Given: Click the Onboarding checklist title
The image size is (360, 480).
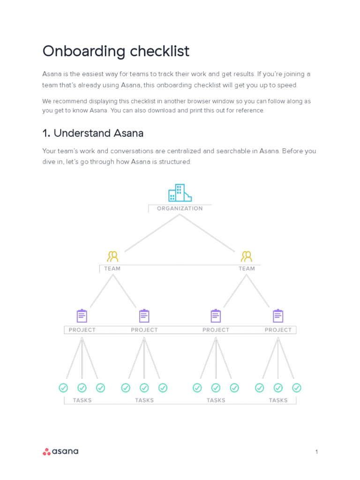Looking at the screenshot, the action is (x=116, y=51).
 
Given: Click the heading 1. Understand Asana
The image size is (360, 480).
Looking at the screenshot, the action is (x=93, y=133).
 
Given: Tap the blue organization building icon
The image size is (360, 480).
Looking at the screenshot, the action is (x=180, y=193).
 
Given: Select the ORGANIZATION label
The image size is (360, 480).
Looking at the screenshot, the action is (x=180, y=209).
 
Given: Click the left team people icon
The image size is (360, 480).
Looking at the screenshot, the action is (x=112, y=256).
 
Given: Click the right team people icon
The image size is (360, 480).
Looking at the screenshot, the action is (x=247, y=256).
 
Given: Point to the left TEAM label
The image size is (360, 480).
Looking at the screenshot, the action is (x=112, y=269).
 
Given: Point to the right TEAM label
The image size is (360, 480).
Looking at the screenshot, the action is (x=247, y=269).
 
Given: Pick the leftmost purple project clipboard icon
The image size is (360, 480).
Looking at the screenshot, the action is (x=82, y=316).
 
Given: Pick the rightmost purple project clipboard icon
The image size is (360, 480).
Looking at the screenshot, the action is (x=278, y=316).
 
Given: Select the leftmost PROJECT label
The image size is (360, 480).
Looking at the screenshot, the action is (x=82, y=330).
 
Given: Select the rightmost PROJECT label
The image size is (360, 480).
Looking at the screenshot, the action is (x=278, y=330).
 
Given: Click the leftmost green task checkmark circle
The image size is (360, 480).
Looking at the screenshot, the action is (x=63, y=388).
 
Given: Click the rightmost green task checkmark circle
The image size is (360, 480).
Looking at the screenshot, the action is (x=297, y=388).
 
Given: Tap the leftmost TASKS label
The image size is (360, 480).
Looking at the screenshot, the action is (x=82, y=400).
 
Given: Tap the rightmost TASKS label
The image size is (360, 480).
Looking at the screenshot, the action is (x=278, y=400).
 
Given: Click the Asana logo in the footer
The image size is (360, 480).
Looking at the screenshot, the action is (x=60, y=451).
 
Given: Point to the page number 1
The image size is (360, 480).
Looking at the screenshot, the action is (x=316, y=452).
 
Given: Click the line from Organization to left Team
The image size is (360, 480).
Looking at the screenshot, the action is (x=152, y=233).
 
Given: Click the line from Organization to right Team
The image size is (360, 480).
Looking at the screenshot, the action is (x=207, y=233).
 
